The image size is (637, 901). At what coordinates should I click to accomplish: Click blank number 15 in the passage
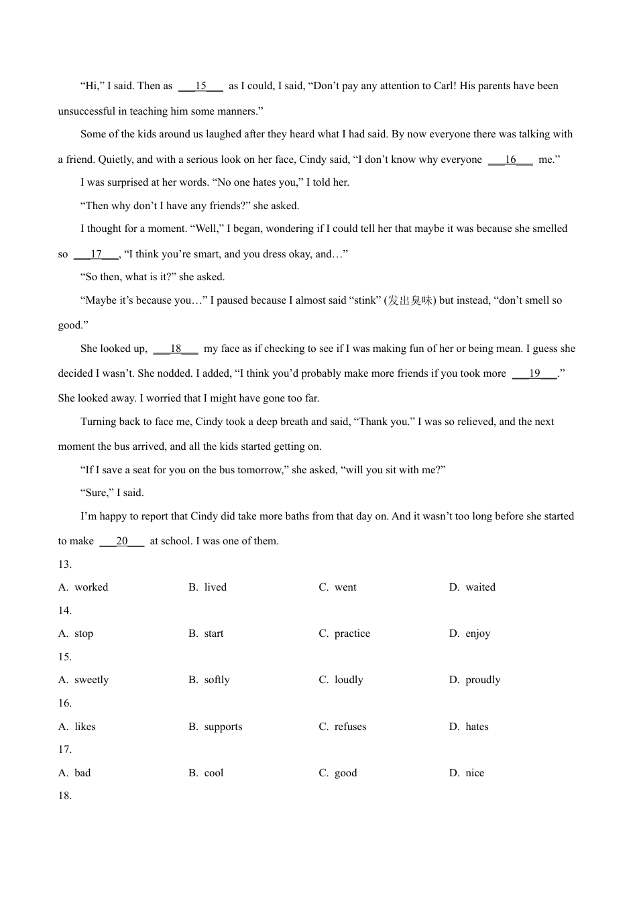(200, 86)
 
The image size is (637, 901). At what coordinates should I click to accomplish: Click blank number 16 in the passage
(510, 160)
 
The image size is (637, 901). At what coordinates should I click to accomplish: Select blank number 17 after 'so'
(96, 255)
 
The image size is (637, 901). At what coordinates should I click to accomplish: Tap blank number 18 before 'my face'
(176, 349)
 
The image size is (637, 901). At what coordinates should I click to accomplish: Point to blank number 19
(534, 374)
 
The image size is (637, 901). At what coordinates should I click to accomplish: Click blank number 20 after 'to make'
(121, 542)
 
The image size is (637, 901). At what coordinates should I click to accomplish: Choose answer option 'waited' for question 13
(480, 588)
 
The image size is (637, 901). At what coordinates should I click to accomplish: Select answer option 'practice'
(352, 634)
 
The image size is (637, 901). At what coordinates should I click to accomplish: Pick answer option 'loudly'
(349, 680)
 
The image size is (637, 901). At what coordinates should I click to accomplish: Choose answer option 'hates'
(477, 727)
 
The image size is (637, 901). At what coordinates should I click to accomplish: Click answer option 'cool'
(214, 774)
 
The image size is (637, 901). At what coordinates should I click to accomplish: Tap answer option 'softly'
(217, 680)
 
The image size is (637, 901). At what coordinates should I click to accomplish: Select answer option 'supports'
(223, 727)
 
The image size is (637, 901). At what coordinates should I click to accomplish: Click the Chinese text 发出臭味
(410, 301)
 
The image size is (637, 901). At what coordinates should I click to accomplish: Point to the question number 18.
(65, 796)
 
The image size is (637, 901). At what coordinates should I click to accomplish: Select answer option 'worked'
(91, 588)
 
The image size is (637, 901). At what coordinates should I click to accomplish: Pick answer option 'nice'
(475, 774)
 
